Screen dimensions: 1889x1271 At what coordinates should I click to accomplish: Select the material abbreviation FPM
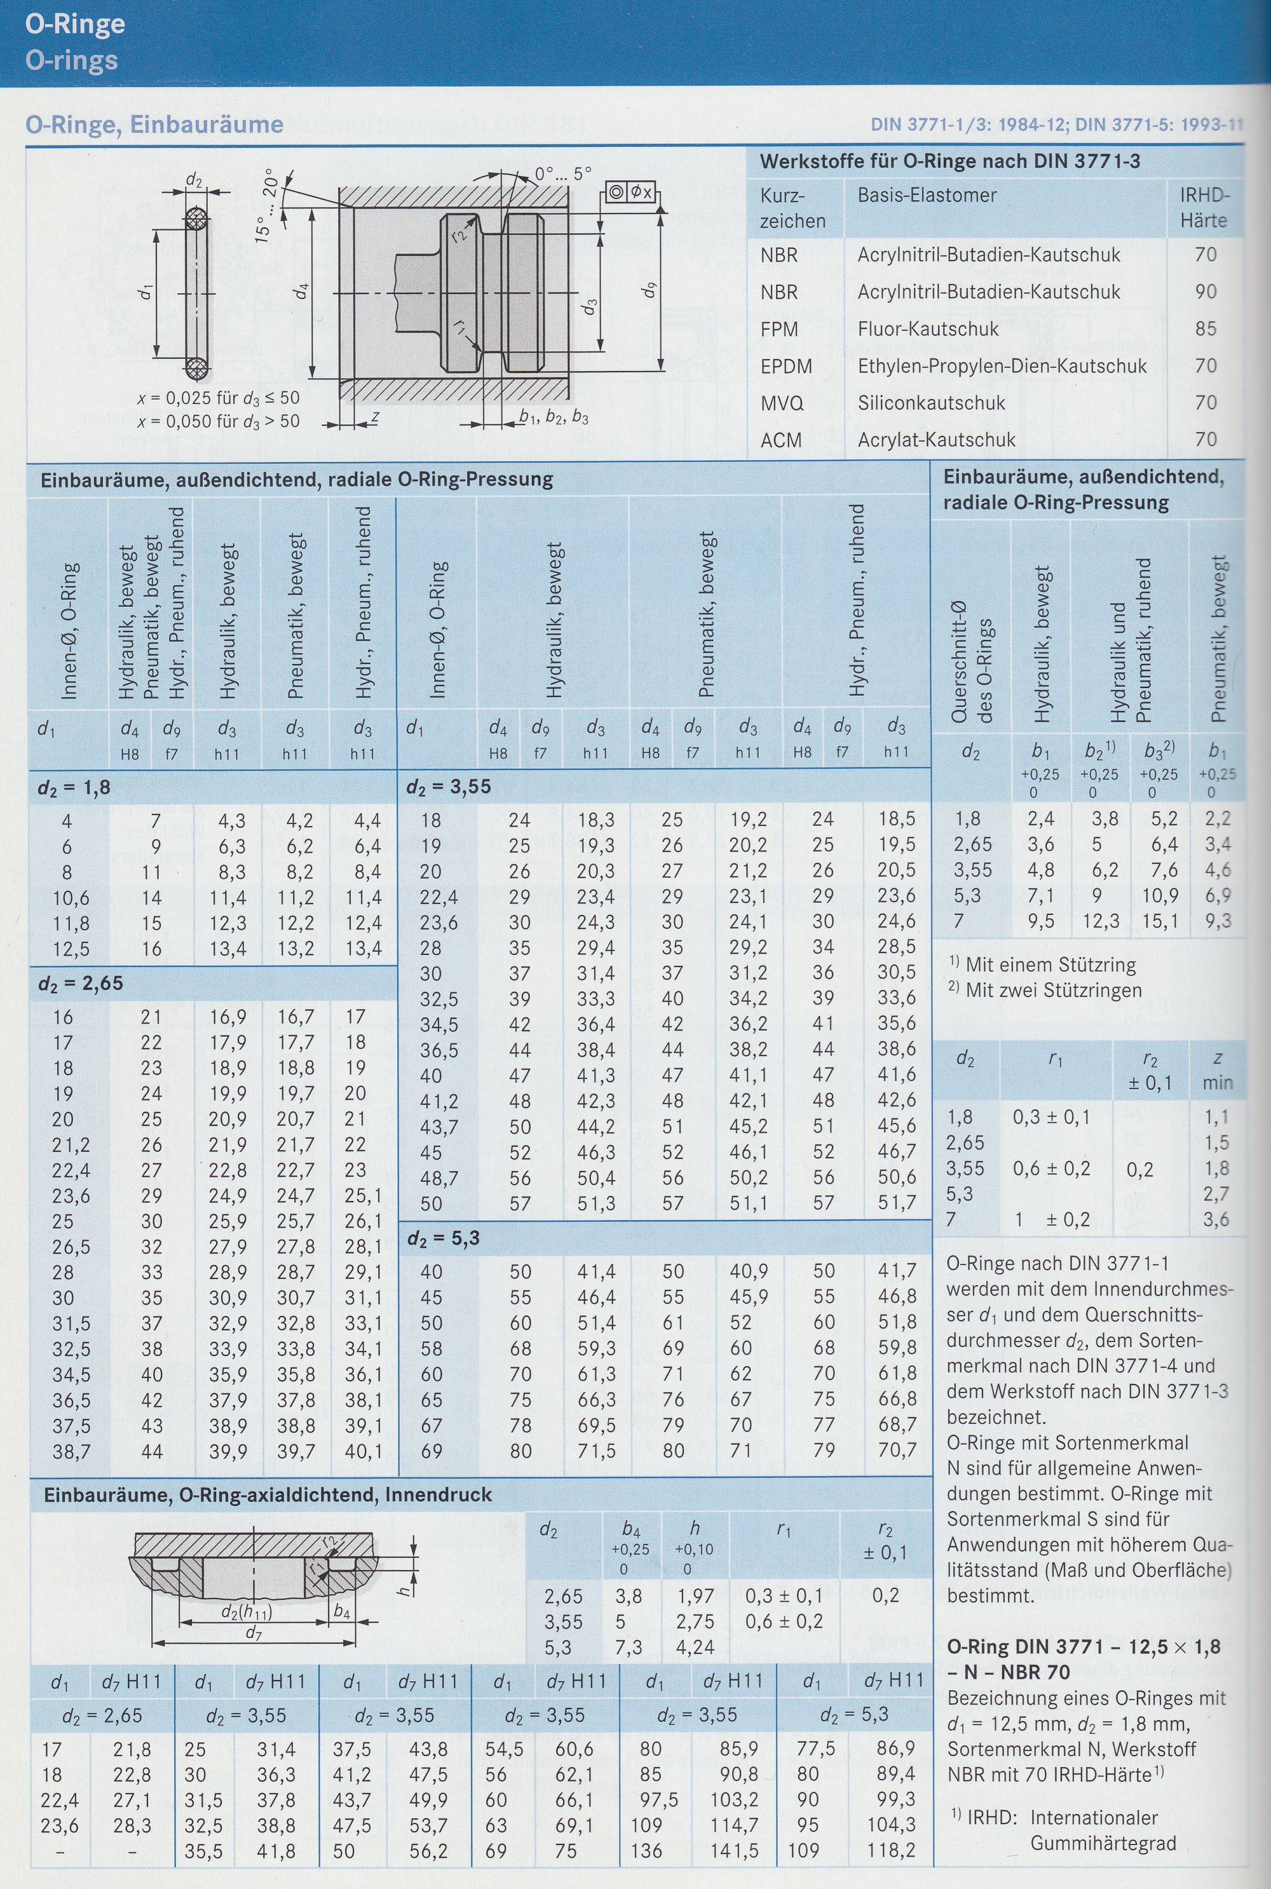click(779, 329)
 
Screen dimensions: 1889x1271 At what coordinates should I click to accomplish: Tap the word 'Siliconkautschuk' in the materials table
click(932, 403)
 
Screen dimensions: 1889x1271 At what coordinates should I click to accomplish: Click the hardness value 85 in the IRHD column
click(1206, 328)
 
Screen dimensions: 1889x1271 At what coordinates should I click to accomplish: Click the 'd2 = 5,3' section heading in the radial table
click(445, 1238)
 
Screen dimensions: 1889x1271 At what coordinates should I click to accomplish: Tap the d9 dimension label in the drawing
click(650, 288)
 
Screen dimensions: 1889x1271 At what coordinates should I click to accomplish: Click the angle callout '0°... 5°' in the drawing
click(562, 173)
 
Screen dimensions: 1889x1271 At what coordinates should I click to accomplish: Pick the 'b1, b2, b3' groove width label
click(554, 417)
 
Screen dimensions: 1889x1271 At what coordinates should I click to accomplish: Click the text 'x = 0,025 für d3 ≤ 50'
click(218, 398)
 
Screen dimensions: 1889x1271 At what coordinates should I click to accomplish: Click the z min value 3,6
click(1216, 1220)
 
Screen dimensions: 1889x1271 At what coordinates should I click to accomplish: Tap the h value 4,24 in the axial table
click(695, 1647)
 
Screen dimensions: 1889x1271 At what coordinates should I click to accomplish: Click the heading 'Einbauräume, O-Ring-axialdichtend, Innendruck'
click(268, 1495)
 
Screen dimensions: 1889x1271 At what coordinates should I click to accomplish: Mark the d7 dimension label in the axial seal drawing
click(254, 1633)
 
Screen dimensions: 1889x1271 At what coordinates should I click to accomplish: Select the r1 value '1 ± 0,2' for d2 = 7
click(1054, 1220)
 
